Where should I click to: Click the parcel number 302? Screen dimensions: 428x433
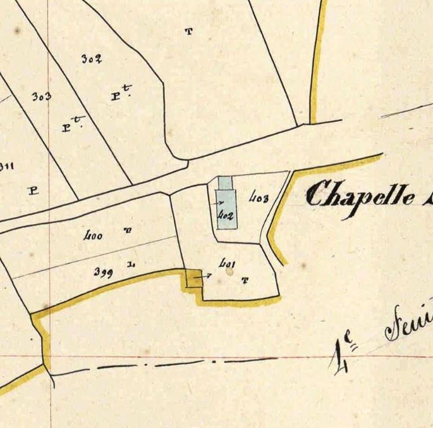[91, 59]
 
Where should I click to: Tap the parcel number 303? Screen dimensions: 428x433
[41, 96]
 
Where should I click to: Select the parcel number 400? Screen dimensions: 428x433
[92, 236]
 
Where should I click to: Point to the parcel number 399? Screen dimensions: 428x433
[103, 273]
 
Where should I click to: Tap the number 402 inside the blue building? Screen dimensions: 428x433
[226, 215]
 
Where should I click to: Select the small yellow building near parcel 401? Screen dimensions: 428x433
[195, 279]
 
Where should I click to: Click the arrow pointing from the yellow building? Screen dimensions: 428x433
[206, 276]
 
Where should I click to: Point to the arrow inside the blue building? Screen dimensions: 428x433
[220, 202]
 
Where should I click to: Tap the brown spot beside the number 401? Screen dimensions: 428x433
[229, 271]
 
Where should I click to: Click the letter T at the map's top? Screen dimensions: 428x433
[188, 32]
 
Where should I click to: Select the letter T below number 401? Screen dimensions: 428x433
[244, 280]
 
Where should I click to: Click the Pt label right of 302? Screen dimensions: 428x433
[120, 95]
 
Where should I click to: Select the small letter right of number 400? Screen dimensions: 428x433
[129, 230]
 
